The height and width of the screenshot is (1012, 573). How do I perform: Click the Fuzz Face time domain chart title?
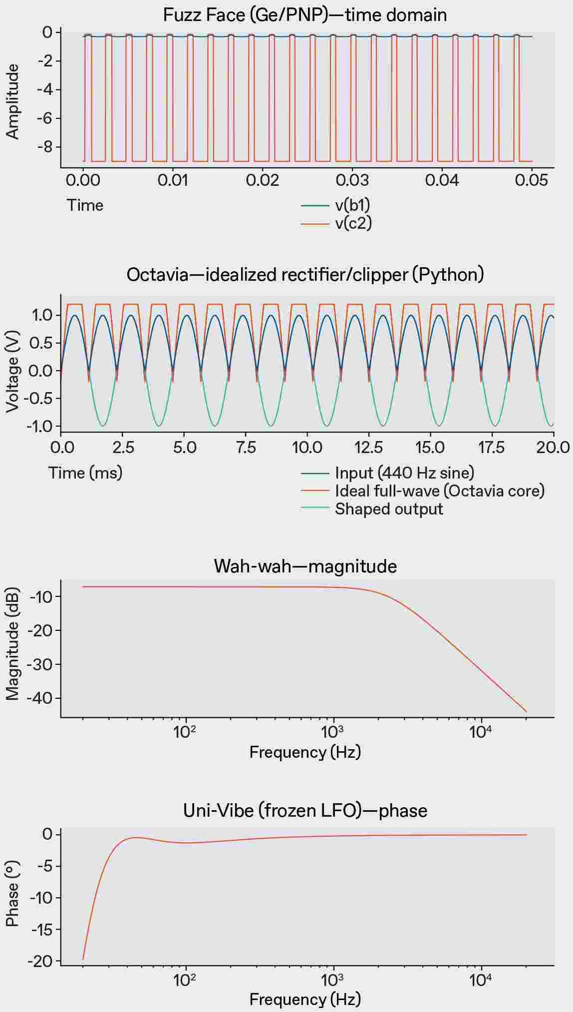tap(305, 15)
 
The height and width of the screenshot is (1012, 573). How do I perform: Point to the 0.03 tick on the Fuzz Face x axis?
tap(352, 180)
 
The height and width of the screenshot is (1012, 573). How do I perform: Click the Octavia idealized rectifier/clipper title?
tap(305, 274)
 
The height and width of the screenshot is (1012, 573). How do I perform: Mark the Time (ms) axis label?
tap(85, 473)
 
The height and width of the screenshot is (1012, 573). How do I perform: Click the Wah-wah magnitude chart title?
tap(305, 566)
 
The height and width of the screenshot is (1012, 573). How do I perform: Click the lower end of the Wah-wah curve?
tap(526, 711)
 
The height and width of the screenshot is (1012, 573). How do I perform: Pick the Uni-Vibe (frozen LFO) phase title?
tap(305, 810)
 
